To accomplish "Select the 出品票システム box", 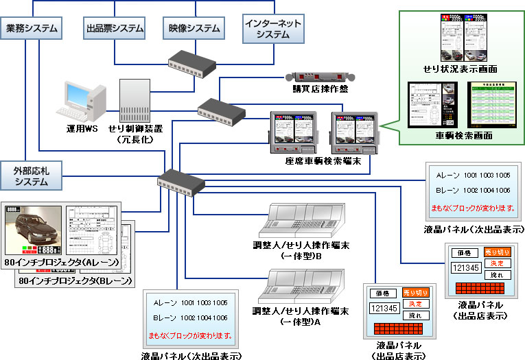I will pyautogui.click(x=115, y=28).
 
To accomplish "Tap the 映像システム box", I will pyautogui.click(x=195, y=28).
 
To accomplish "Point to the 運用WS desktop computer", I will pyautogui.click(x=81, y=103).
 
